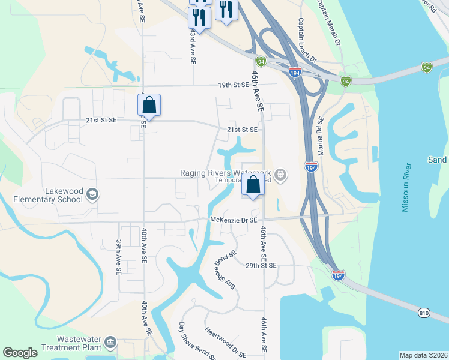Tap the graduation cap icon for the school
point(93,194)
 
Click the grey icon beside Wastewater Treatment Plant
point(110,343)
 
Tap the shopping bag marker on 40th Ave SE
point(149,106)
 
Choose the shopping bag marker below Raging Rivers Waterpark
point(253,186)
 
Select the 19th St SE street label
point(234,85)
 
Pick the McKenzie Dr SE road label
point(234,220)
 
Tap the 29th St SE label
point(261,265)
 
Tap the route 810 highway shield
point(424,312)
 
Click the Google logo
point(20,353)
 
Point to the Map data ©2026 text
point(423,355)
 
